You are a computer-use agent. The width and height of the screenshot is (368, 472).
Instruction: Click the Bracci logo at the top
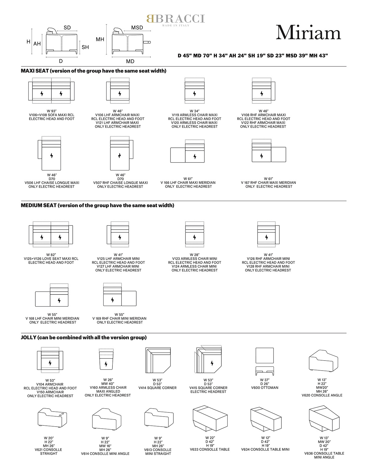pos(175,20)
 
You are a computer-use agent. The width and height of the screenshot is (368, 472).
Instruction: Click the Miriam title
pos(308,32)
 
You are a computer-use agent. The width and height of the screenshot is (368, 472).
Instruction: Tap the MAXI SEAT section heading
pos(93,71)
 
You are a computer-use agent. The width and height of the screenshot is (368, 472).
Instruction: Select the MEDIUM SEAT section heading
pos(97,205)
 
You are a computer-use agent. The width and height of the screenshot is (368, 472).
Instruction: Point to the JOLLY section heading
pos(84,337)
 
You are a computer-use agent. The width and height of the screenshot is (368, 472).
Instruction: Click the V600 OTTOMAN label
pos(265,387)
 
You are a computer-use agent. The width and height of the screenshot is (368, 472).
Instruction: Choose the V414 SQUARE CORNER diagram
pos(158,360)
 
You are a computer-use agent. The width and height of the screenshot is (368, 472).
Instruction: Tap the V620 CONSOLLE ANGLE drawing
pos(323,361)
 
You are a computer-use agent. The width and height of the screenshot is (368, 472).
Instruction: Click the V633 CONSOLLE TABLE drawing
pos(210,418)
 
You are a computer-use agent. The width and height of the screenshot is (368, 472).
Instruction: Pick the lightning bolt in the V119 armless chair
pos(195,94)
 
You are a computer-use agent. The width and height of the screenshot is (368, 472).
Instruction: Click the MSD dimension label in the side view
pos(137,28)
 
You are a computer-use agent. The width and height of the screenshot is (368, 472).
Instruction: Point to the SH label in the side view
pos(85,47)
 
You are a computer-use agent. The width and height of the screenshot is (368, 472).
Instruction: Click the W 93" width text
pos(52,111)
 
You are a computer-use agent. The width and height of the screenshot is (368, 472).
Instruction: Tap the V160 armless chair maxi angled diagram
pos(106,359)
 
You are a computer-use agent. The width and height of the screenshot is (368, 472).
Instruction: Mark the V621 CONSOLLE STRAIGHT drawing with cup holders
pos(52,418)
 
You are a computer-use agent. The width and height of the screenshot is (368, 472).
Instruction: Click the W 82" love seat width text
pos(51,254)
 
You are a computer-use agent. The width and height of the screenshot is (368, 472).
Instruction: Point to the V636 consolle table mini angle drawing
pos(324,418)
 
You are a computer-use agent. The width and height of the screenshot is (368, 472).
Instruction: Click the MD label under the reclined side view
pos(130,61)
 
